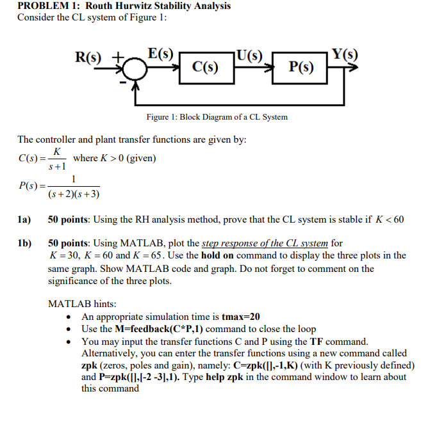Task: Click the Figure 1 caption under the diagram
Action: [217, 117]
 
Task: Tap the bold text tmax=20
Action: [240, 317]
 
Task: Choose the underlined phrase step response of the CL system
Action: [265, 243]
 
